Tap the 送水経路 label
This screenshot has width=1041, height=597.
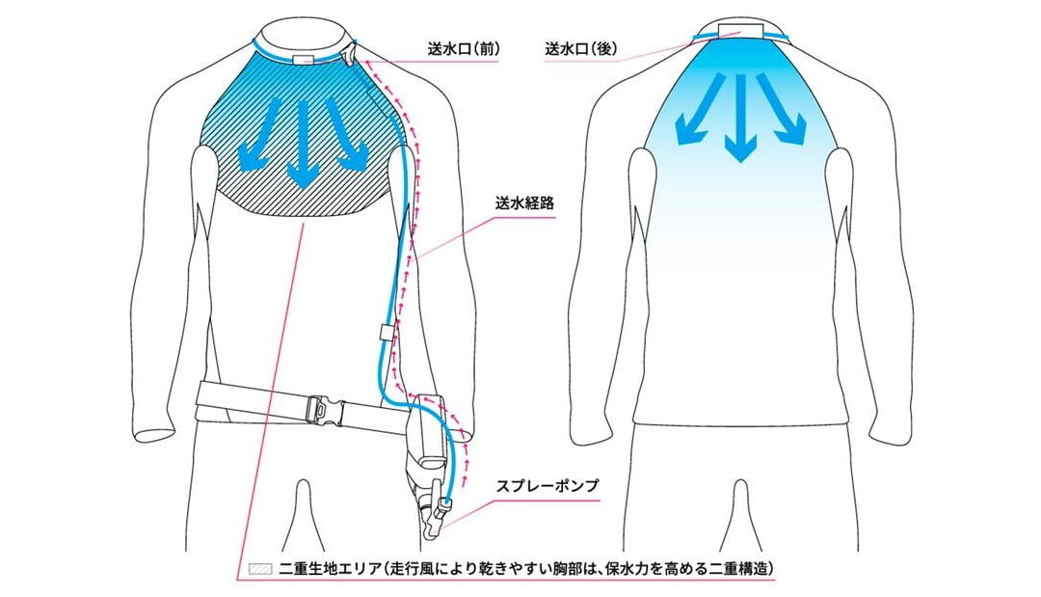coord(524,204)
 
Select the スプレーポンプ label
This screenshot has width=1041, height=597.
coord(547,485)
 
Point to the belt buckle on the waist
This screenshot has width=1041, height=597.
coord(327,407)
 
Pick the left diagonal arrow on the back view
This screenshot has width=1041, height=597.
coord(698,109)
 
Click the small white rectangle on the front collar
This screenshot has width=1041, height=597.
coord(304,60)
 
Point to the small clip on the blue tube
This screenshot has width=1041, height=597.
coord(384,332)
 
